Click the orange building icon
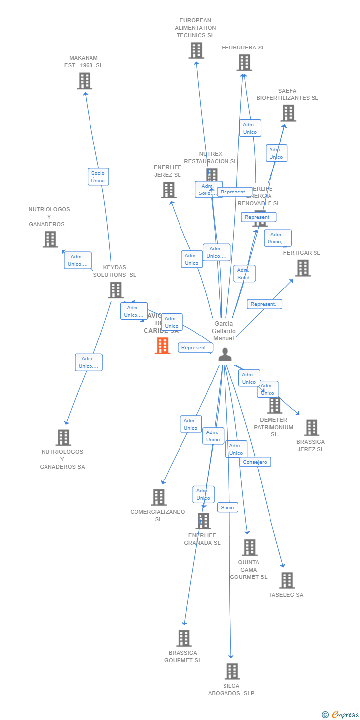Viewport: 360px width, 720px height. tap(163, 346)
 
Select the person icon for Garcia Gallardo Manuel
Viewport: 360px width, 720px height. tap(225, 354)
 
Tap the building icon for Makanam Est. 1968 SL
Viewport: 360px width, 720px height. tap(85, 81)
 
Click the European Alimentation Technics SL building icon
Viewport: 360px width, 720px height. tap(196, 50)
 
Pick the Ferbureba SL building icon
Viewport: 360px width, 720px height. tap(244, 63)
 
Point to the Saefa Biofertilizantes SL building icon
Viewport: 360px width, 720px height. tap(288, 113)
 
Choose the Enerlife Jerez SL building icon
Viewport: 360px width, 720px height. tap(169, 190)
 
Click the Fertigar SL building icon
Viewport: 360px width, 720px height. tap(303, 268)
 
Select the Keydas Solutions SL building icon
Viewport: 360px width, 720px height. tap(116, 290)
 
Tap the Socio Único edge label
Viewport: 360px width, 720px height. tap(98, 177)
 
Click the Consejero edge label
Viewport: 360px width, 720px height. tap(255, 462)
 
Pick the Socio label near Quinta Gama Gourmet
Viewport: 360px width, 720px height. tap(227, 507)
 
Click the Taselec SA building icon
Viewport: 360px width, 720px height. tap(287, 580)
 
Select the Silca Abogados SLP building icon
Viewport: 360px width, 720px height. tap(232, 671)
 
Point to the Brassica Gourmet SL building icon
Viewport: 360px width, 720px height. tap(184, 638)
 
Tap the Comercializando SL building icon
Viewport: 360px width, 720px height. tap(159, 497)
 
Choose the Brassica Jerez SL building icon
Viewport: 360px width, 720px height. tap(312, 428)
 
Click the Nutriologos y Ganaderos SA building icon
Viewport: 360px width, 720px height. tap(63, 437)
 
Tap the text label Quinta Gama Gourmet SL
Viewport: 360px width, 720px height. tap(249, 570)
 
